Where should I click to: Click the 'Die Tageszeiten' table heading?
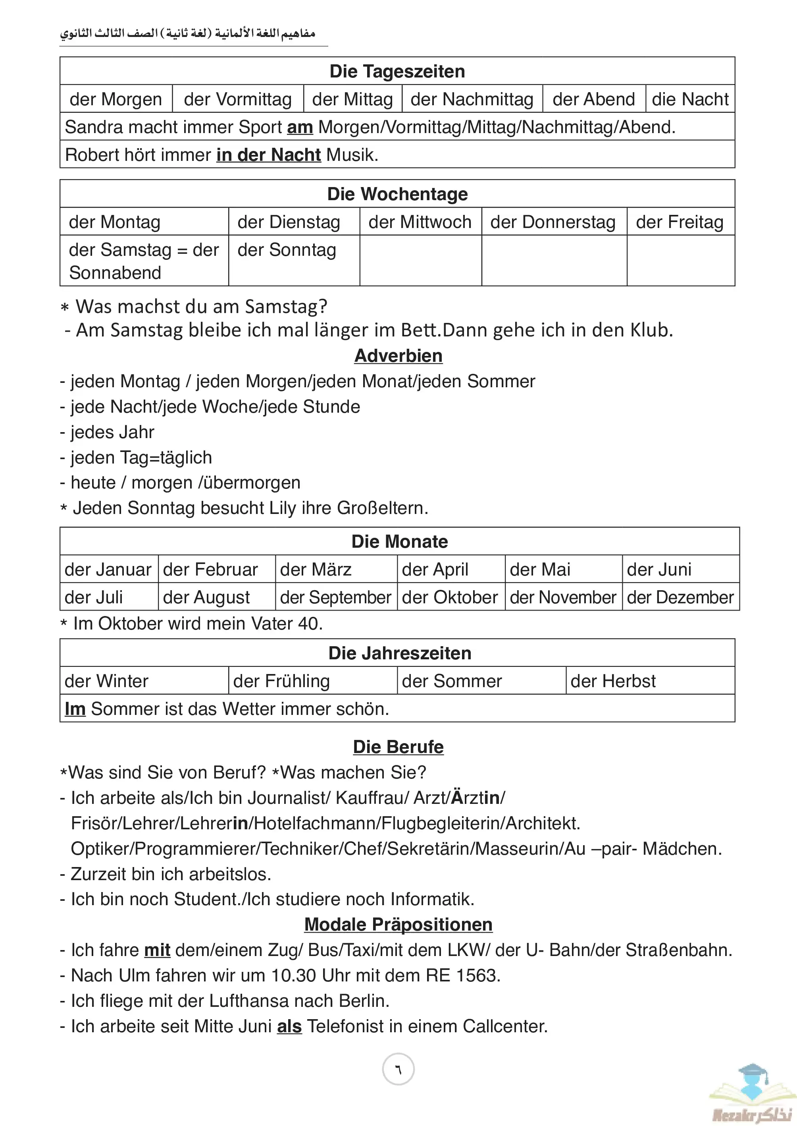tap(397, 71)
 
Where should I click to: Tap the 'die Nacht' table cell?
tap(689, 99)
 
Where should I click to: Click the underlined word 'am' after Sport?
tap(300, 127)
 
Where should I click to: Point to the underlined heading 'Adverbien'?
tap(398, 355)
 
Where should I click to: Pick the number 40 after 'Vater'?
tap(309, 624)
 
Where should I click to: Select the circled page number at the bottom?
tap(398, 1070)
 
